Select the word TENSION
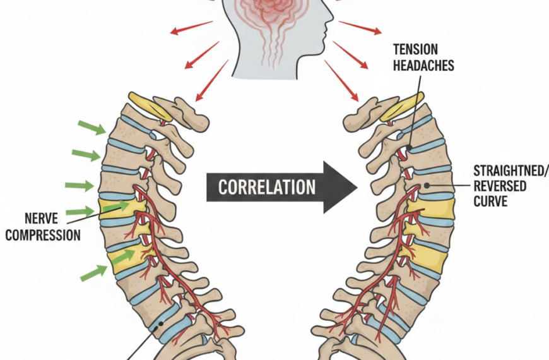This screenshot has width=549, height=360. pos(415,49)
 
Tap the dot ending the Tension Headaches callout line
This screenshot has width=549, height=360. pos(409,149)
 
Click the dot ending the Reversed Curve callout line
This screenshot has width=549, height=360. pos(427,186)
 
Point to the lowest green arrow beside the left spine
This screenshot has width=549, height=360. pos(93,272)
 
